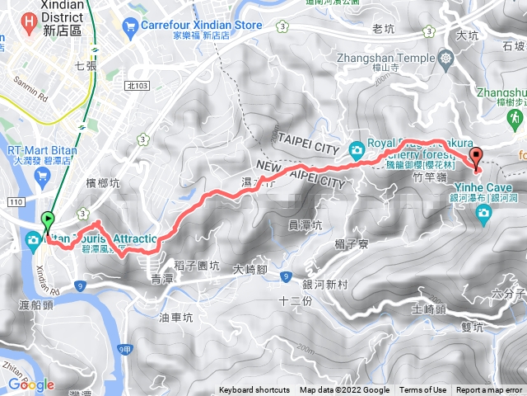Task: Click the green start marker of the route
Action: [48, 221]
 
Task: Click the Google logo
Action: [30, 384]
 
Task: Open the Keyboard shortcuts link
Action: [254, 390]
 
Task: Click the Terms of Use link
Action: [423, 390]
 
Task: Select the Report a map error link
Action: [490, 390]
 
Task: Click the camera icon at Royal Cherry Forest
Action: [356, 149]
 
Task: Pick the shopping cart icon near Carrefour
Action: [129, 26]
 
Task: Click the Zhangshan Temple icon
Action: [446, 59]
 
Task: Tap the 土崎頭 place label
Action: [427, 309]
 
